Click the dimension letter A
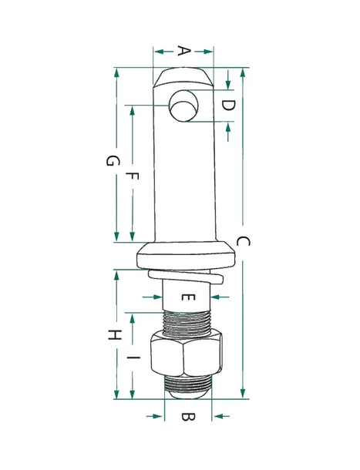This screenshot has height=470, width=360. click(x=184, y=51)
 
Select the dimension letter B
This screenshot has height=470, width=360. click(x=188, y=417)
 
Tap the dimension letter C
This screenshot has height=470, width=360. click(x=243, y=241)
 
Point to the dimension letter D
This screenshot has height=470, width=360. click(x=228, y=106)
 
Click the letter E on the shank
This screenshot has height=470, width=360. click(x=188, y=297)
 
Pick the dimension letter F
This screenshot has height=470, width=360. click(x=132, y=176)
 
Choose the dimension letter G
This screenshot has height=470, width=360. click(x=113, y=160)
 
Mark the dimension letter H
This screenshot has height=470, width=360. click(x=114, y=334)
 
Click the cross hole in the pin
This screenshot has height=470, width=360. click(x=184, y=106)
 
